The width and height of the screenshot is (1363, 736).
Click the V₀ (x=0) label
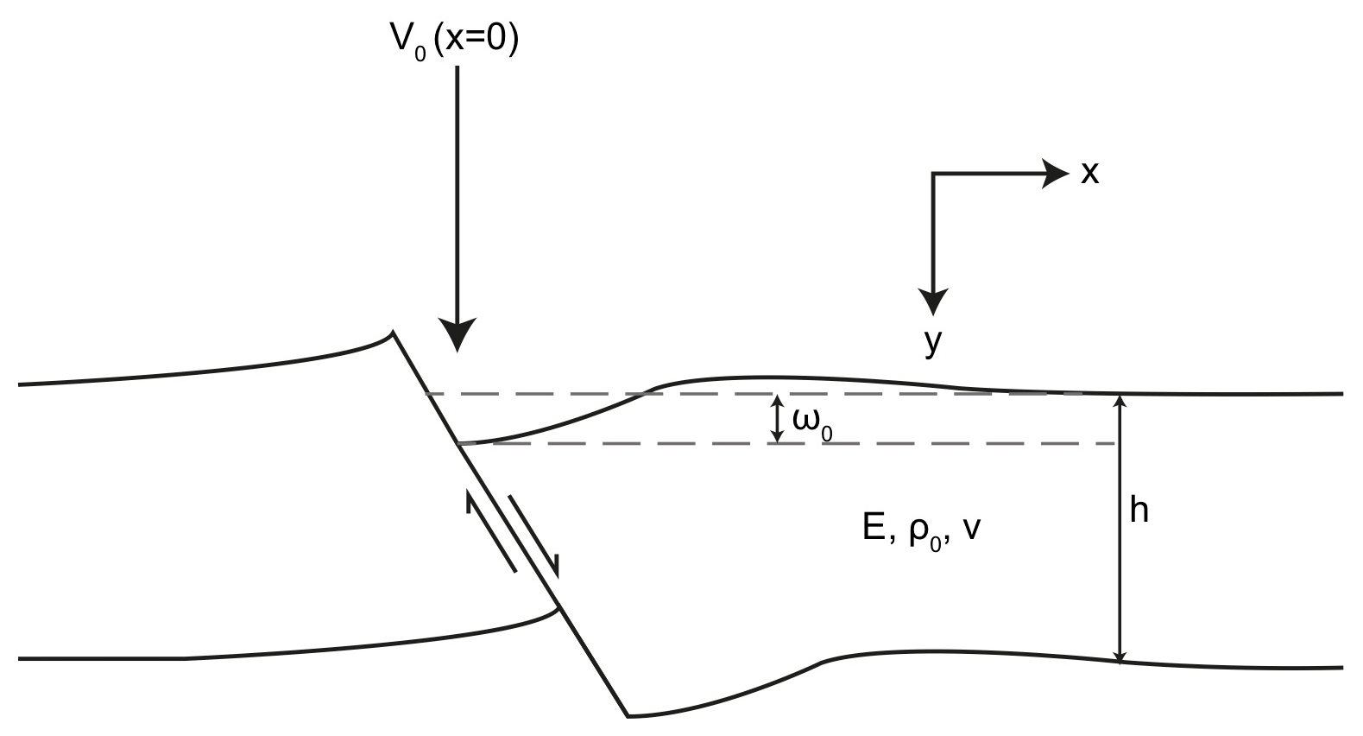(x=454, y=40)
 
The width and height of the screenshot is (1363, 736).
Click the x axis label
(x=1090, y=174)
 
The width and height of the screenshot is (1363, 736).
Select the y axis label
(x=932, y=342)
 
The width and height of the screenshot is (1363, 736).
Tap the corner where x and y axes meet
(x=933, y=174)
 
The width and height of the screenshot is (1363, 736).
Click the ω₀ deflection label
(x=811, y=422)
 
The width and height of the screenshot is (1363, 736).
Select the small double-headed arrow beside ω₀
(x=778, y=419)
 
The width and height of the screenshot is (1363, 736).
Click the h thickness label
(x=1139, y=511)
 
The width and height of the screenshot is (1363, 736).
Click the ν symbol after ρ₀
(x=972, y=529)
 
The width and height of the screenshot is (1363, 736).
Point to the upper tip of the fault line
(x=394, y=332)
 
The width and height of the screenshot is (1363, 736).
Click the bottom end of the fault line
(x=628, y=715)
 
